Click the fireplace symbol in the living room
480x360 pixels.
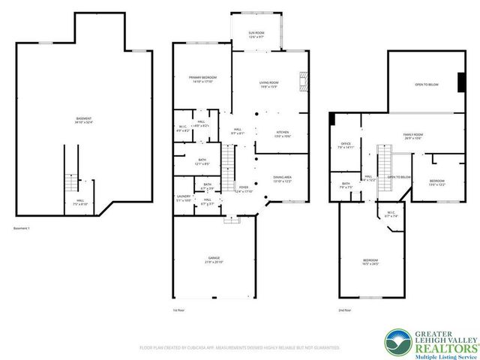pyautogui.click(x=303, y=79)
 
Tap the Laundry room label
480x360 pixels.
pyautogui.click(x=183, y=197)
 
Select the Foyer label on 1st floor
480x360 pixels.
pyautogui.click(x=244, y=189)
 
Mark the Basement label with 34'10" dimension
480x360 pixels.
pyautogui.click(x=84, y=121)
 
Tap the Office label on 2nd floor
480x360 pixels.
pyautogui.click(x=346, y=145)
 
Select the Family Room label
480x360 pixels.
pyautogui.click(x=413, y=136)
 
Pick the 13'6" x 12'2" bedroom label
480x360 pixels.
pyautogui.click(x=436, y=182)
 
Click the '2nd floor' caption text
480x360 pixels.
pyautogui.click(x=343, y=310)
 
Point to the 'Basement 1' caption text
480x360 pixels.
pyautogui.click(x=25, y=229)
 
